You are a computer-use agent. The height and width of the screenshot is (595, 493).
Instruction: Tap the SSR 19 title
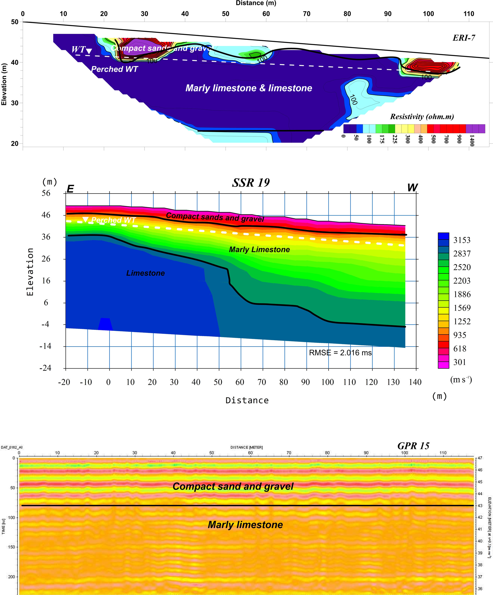251,183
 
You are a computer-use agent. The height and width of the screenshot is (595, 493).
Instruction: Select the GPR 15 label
413,446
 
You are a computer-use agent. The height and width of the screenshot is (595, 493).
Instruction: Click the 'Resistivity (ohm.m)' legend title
422,116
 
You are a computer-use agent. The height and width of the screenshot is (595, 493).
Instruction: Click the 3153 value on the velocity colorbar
462,240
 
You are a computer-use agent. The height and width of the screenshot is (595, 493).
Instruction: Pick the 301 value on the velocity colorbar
460,362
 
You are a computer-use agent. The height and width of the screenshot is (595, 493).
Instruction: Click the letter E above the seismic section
70,189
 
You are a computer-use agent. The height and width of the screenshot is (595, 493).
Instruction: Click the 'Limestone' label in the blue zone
145,273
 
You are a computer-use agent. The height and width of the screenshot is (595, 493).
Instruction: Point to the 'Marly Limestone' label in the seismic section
259,249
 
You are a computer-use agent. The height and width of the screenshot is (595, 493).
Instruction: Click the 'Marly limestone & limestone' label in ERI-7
249,88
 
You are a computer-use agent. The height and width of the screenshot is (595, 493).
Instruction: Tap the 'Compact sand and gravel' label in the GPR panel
233,486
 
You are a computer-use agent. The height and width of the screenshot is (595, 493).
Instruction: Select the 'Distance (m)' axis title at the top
256,3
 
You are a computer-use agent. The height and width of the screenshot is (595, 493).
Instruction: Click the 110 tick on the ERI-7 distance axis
469,14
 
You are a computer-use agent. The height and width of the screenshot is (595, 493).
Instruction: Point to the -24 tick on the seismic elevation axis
45,368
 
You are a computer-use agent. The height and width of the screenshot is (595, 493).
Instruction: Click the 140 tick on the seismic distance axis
415,382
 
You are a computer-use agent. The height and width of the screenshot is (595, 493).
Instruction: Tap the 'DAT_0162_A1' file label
12,447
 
